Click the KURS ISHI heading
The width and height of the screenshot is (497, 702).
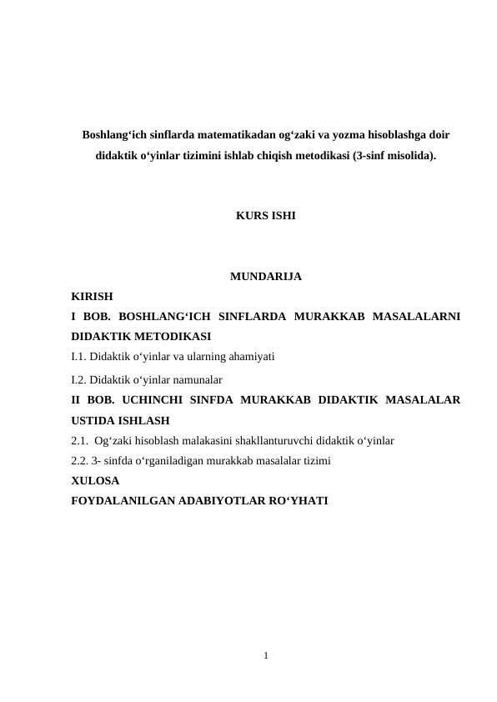pyautogui.click(x=265, y=216)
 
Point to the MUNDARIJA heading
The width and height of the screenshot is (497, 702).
pyautogui.click(x=265, y=277)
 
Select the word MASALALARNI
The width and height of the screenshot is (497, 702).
pyautogui.click(x=416, y=317)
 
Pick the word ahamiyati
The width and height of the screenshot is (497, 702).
pyautogui.click(x=251, y=358)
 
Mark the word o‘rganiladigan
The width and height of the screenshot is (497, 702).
pyautogui.click(x=162, y=460)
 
